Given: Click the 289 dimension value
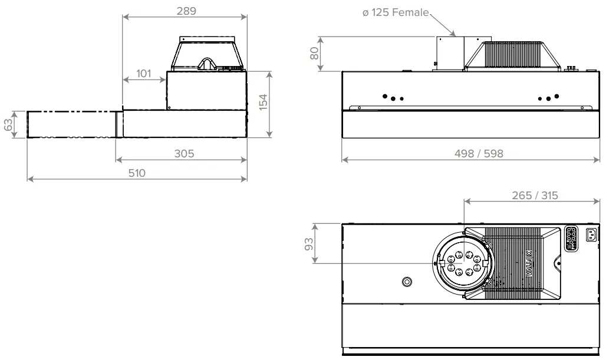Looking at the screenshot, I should [x=186, y=11].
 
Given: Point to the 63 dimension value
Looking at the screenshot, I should [x=8, y=125].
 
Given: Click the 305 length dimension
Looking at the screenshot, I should [x=184, y=154].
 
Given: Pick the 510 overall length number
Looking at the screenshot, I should [x=137, y=173].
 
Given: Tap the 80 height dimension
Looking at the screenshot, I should [x=315, y=54].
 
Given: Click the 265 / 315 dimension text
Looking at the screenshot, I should [x=534, y=196].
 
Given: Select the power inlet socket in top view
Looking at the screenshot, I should [x=590, y=236].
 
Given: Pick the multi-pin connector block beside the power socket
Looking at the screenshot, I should [x=571, y=239].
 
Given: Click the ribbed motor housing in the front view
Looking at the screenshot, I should [x=511, y=55].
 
